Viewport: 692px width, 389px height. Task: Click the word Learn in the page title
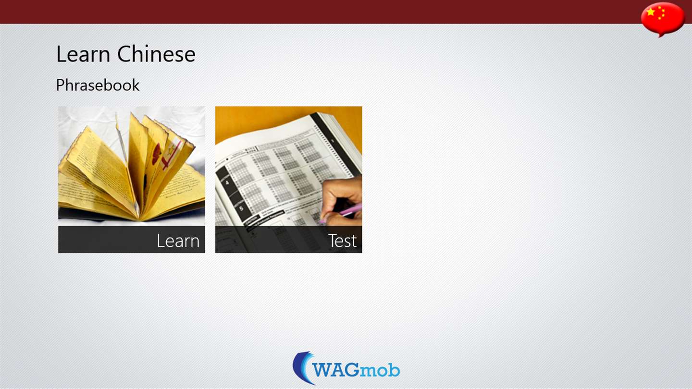83,54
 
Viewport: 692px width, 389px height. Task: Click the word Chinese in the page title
156,54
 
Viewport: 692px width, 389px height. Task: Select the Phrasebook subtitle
98,85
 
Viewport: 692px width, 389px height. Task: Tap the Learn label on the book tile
178,241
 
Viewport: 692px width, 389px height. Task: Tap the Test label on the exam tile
342,241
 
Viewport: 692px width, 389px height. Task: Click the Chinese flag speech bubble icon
662,19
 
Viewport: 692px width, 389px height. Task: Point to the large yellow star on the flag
650,12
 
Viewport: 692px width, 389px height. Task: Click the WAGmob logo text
356,370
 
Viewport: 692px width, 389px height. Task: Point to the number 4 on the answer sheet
227,183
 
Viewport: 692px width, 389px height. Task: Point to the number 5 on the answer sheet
241,208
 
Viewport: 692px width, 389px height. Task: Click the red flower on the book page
156,154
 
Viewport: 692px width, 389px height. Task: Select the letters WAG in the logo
335,370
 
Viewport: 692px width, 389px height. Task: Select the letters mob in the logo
380,370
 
